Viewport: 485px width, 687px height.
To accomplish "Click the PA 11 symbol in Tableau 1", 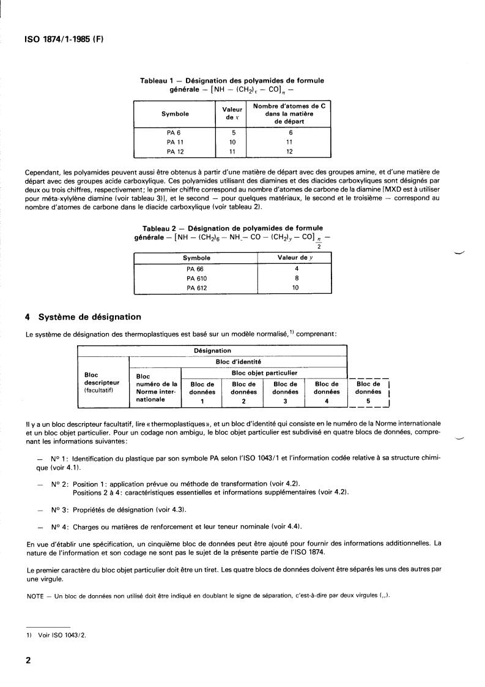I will click(175, 142).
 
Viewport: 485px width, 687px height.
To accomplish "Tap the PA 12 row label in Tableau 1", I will click(175, 151).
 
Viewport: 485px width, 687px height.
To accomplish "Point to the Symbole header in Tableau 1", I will click(175, 114).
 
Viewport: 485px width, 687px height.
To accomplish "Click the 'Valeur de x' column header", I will click(232, 114).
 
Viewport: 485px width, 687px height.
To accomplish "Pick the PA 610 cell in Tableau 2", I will click(196, 279).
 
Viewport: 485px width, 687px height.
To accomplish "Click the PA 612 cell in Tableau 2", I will click(196, 287).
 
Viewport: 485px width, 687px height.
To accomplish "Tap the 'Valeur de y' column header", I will click(295, 258).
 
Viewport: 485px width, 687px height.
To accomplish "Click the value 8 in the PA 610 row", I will click(295, 279).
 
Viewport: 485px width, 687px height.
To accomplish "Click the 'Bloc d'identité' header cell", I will click(238, 362).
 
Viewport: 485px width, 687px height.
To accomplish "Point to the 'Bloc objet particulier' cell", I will click(265, 372).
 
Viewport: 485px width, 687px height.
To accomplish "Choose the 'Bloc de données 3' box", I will click(285, 392).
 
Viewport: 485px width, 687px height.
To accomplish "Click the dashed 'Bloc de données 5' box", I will click(368, 392).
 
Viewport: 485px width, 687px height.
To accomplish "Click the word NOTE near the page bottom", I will click(37, 596).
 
